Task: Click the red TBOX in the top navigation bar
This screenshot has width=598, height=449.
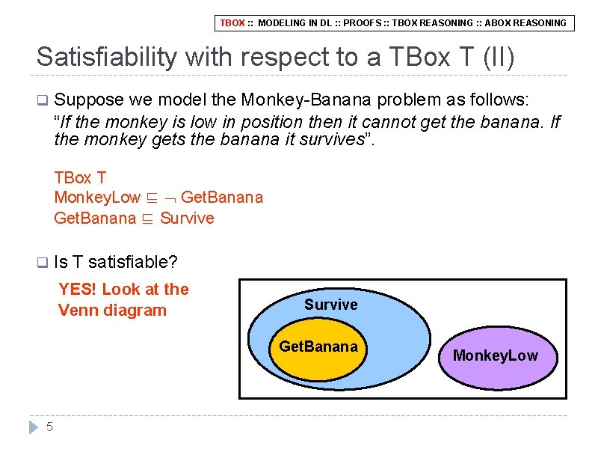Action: [232, 23]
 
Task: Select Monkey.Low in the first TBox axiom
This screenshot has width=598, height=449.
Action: [97, 198]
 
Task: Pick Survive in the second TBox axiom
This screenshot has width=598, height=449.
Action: [187, 219]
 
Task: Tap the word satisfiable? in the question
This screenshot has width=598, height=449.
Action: [132, 262]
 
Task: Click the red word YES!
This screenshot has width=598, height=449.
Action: [78, 290]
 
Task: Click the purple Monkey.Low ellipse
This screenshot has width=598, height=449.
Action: [496, 355]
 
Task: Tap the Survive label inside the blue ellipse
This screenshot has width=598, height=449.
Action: [330, 305]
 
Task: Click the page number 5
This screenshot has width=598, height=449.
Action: [49, 427]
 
